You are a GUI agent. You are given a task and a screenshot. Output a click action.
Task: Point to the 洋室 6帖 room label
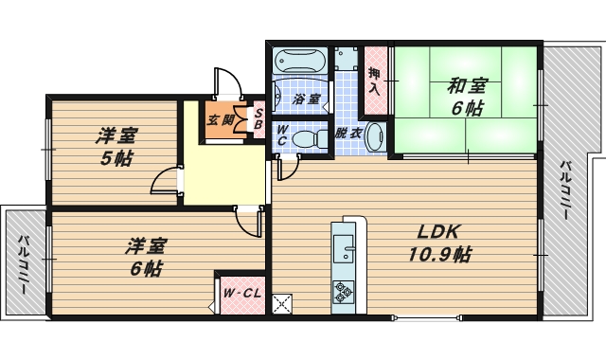pyautogui.click(x=146, y=257)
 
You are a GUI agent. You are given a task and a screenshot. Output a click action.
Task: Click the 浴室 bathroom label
pyautogui.click(x=306, y=99)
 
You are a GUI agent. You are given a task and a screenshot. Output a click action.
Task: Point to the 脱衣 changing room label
pyautogui.click(x=348, y=134)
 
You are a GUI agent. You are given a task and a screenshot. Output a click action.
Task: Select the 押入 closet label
pyautogui.click(x=374, y=82)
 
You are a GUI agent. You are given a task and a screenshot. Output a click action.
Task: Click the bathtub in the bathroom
pyautogui.click(x=299, y=63)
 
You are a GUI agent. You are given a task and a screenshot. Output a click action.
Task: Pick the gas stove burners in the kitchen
pyautogui.click(x=342, y=292)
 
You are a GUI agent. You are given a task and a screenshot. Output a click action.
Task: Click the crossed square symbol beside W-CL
pyautogui.click(x=282, y=305)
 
